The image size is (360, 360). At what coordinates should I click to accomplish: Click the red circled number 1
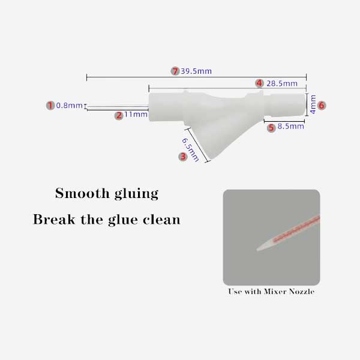50,106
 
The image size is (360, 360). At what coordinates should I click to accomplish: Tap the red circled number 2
119,115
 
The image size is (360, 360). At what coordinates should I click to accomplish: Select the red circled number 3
183,157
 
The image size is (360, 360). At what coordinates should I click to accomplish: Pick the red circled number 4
259,83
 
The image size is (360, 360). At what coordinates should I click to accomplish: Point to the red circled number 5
271,128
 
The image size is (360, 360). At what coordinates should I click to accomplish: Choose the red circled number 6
322,106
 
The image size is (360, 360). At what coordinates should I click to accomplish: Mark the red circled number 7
175,71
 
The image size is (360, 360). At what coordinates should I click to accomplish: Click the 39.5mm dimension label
196,71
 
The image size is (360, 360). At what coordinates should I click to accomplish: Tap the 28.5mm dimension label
282,83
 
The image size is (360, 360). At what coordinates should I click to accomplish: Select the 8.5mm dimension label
290,126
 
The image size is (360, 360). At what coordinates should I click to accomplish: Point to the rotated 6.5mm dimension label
190,150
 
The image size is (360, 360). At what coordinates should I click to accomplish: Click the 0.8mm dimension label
70,106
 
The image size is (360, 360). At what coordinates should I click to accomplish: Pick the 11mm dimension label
136,114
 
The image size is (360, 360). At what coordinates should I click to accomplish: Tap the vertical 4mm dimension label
313,104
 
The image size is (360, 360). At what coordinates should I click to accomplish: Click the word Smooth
82,193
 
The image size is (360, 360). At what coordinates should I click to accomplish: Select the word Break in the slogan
54,219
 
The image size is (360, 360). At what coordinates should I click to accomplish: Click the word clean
161,220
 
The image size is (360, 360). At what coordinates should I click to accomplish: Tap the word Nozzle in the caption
302,292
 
